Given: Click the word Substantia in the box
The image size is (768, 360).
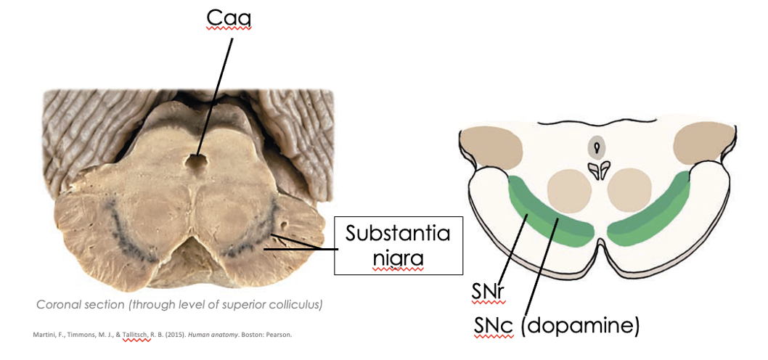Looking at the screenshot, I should pos(398,234).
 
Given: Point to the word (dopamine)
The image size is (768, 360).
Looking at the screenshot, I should pos(580,326).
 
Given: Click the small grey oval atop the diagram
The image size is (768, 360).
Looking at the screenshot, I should pos(596,148).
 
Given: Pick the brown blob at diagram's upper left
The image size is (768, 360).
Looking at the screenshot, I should pos(491,146).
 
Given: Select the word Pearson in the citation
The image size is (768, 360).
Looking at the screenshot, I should pos(279,335).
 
